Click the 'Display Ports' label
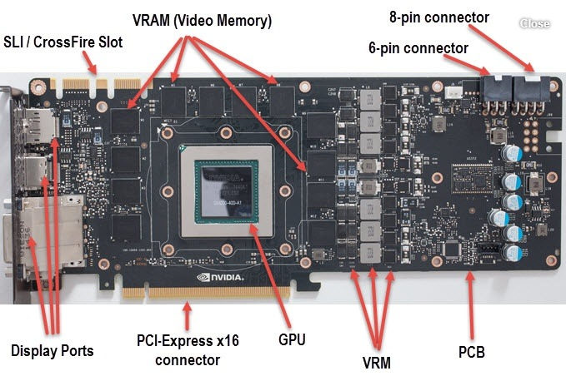(53, 350)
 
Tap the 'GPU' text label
(293, 340)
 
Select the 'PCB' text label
(471, 352)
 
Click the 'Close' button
(534, 23)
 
